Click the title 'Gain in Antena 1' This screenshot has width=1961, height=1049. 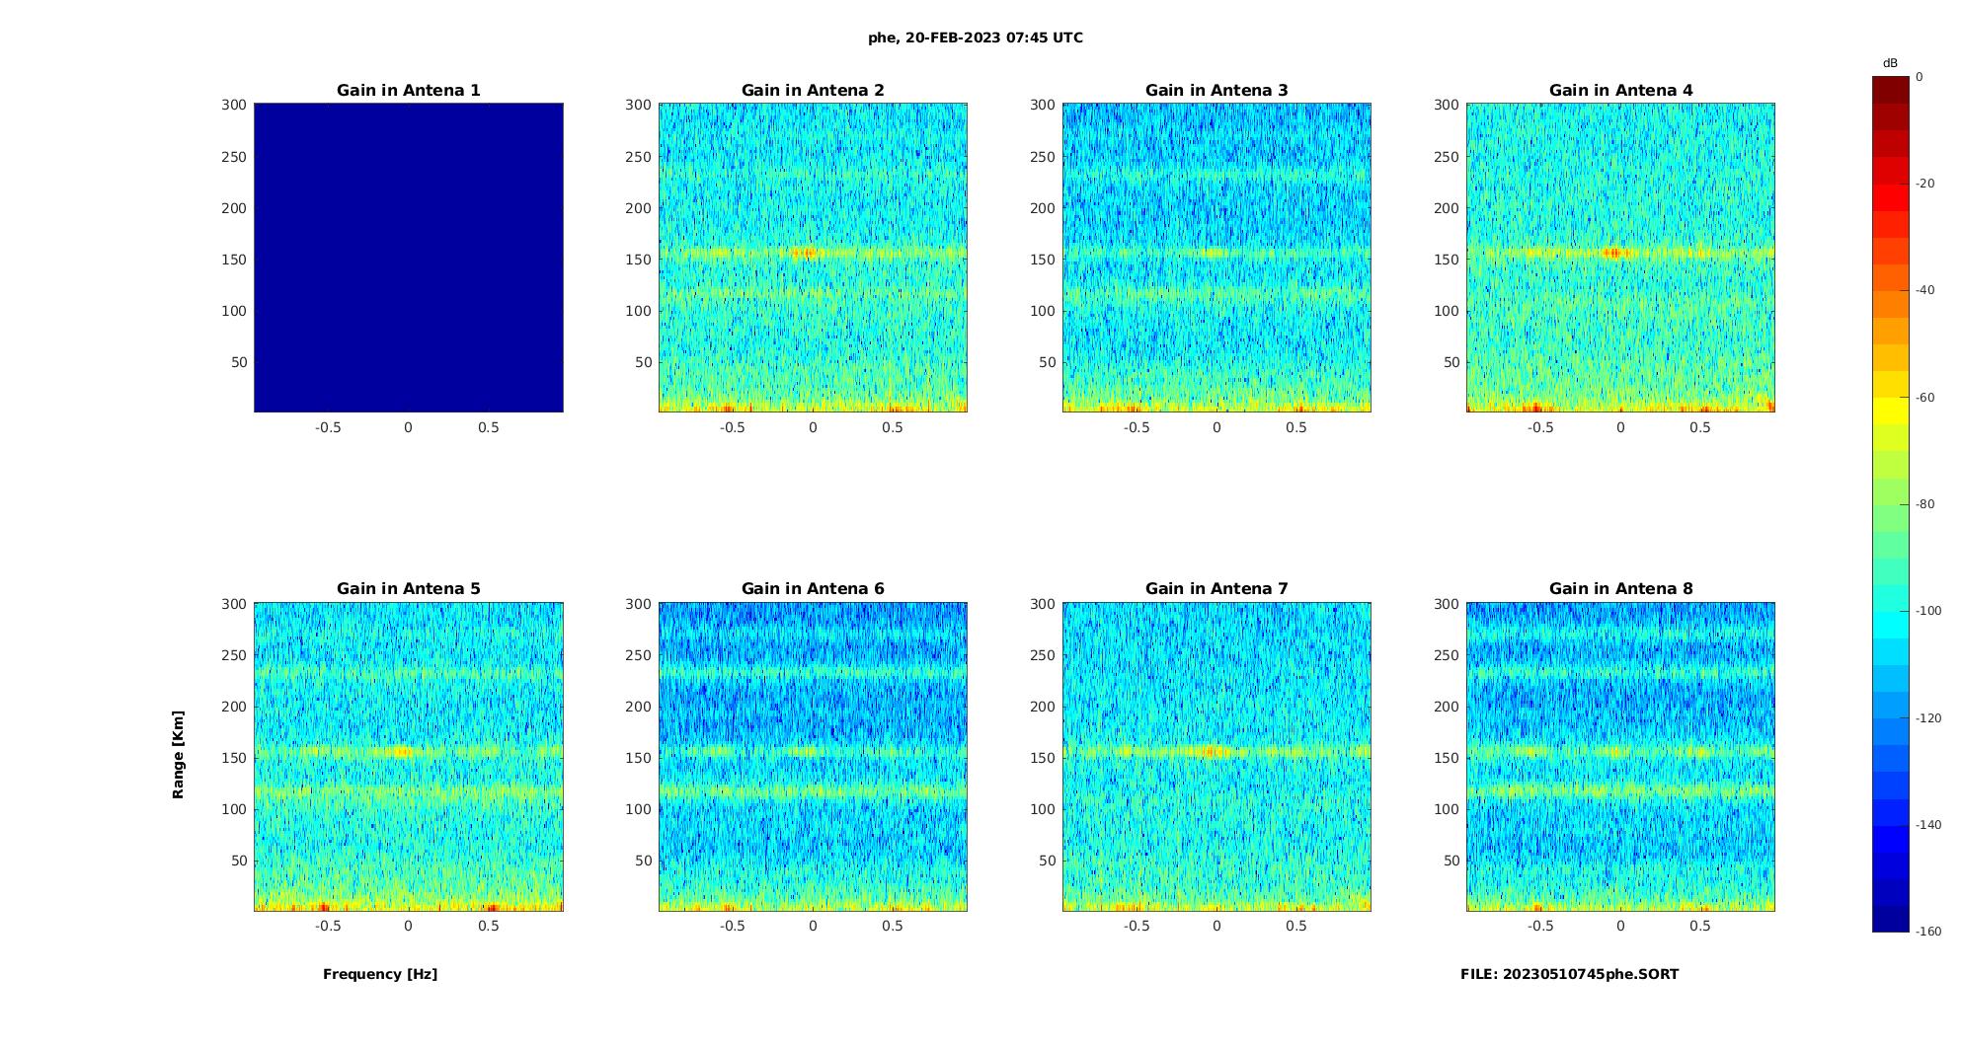408,91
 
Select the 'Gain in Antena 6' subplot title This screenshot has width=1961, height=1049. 813,589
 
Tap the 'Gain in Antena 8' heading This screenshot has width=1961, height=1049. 1620,589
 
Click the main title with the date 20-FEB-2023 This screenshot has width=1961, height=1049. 976,37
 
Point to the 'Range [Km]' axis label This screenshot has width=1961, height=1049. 179,754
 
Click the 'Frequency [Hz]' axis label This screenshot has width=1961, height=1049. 380,974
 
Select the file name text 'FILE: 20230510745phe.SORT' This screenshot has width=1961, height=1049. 1569,974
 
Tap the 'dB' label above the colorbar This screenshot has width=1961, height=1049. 1890,63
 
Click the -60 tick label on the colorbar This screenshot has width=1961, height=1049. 1924,398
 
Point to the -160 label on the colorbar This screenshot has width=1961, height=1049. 1928,932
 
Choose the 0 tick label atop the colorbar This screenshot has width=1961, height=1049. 1920,77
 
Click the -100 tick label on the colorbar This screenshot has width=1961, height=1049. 1928,611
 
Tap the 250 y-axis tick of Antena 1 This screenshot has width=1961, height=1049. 234,157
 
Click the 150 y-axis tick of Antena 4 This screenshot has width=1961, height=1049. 1447,260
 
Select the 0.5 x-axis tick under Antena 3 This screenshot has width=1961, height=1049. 1296,427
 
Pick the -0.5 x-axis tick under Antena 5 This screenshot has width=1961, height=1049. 328,926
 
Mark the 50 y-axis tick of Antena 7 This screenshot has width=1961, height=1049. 1048,861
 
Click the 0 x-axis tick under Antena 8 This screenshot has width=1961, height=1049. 1620,926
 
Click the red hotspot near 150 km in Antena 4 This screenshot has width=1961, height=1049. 1615,254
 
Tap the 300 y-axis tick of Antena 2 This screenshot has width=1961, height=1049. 639,105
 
